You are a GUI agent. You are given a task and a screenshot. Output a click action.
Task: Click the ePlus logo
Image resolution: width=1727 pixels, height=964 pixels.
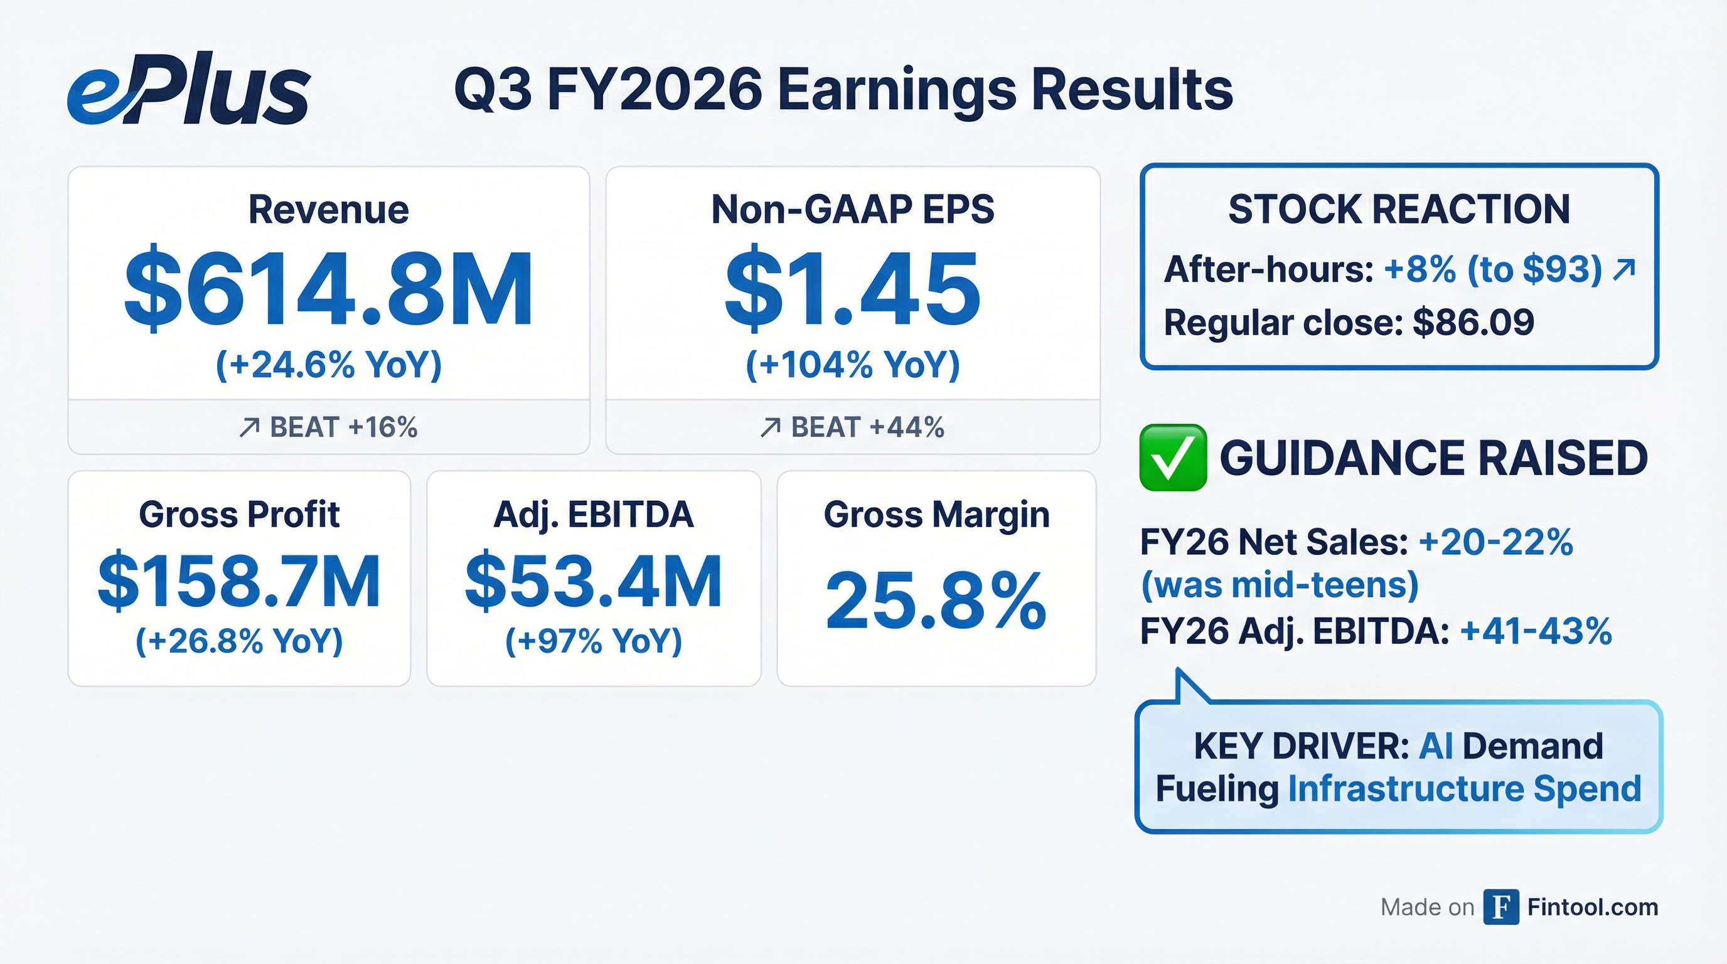[x=188, y=89]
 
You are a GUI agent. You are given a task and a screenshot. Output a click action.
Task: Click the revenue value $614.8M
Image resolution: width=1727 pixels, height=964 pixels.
[x=328, y=288]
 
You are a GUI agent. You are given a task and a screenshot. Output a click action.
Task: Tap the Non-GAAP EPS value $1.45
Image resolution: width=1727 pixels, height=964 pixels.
[x=852, y=288]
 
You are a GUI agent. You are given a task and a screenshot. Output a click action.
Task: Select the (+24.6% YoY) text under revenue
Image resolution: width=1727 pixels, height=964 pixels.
[x=328, y=365]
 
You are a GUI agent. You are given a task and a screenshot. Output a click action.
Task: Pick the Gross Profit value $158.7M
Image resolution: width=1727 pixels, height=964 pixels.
[x=238, y=581]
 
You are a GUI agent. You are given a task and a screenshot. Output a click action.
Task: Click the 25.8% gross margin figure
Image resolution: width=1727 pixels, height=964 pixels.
[x=935, y=601]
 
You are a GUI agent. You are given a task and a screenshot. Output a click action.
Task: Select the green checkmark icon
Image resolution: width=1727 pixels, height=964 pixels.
[x=1172, y=458]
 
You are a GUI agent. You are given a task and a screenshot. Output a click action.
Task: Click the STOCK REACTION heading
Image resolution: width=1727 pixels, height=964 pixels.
[x=1399, y=209]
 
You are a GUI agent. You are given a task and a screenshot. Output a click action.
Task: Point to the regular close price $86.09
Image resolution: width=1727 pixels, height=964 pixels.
[x=1473, y=323]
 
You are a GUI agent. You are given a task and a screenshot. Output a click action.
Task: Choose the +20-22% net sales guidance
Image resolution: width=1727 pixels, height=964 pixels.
[x=1495, y=542]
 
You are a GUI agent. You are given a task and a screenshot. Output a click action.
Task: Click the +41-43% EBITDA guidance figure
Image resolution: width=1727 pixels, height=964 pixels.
[x=1535, y=631]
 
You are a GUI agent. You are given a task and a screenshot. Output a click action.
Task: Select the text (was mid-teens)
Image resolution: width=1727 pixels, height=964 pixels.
[x=1280, y=585]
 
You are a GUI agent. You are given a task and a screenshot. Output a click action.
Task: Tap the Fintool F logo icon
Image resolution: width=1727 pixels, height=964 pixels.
[x=1500, y=907]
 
